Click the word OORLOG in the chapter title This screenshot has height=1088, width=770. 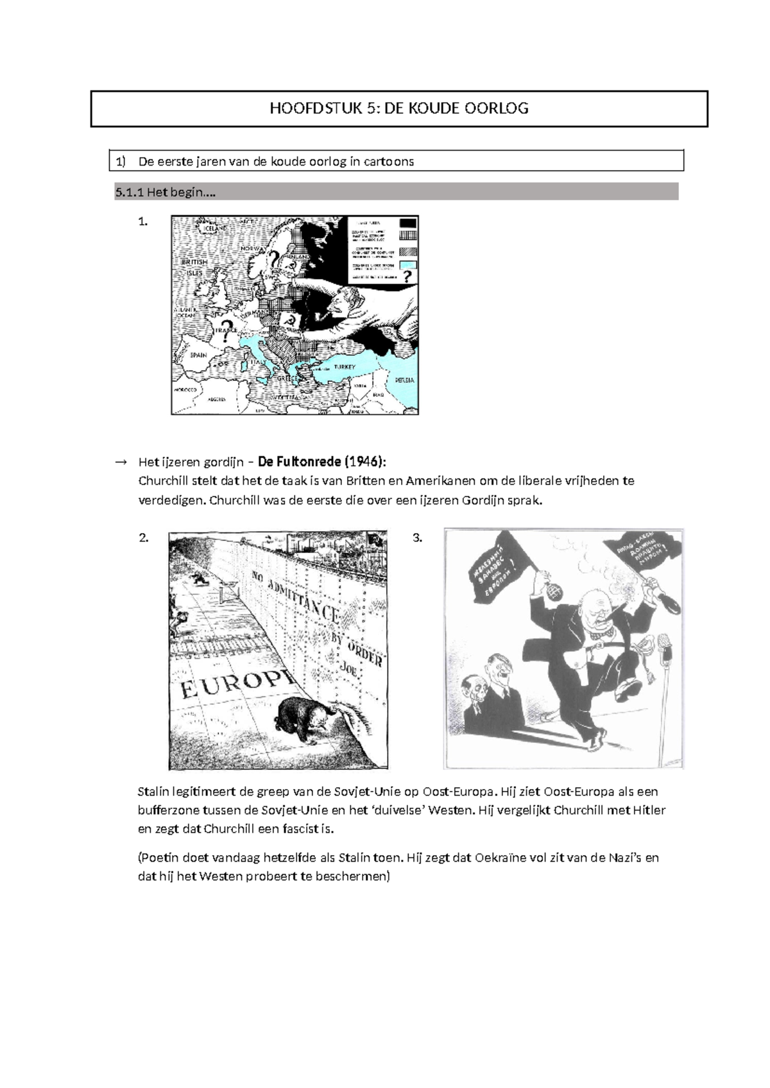coord(501,108)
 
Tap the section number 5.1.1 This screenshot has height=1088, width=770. coord(129,192)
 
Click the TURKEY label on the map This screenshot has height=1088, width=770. coord(344,366)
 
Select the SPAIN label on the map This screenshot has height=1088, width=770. coord(198,355)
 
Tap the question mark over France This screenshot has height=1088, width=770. coord(225,325)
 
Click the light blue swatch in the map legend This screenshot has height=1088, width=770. coord(408,264)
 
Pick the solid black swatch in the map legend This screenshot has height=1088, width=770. coord(408,223)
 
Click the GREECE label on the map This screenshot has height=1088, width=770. coord(288,378)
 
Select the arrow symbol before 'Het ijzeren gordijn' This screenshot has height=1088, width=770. coord(120,462)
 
